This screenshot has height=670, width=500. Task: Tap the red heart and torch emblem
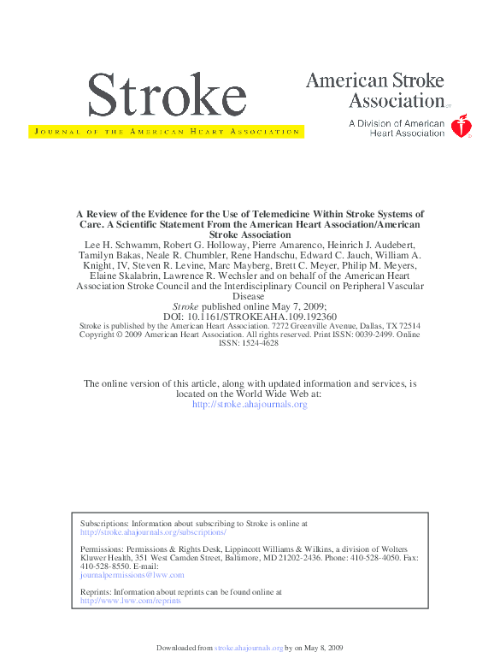(462, 127)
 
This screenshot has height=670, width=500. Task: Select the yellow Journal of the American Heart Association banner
(165, 132)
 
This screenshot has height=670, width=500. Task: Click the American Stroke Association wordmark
(376, 91)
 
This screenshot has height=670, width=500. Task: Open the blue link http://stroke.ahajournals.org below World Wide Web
(250, 404)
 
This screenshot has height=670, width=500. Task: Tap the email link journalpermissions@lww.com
(132, 575)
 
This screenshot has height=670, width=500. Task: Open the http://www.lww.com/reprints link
(130, 601)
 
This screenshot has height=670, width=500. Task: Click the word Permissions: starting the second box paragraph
(100, 548)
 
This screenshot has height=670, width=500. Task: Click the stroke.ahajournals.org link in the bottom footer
(249, 649)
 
